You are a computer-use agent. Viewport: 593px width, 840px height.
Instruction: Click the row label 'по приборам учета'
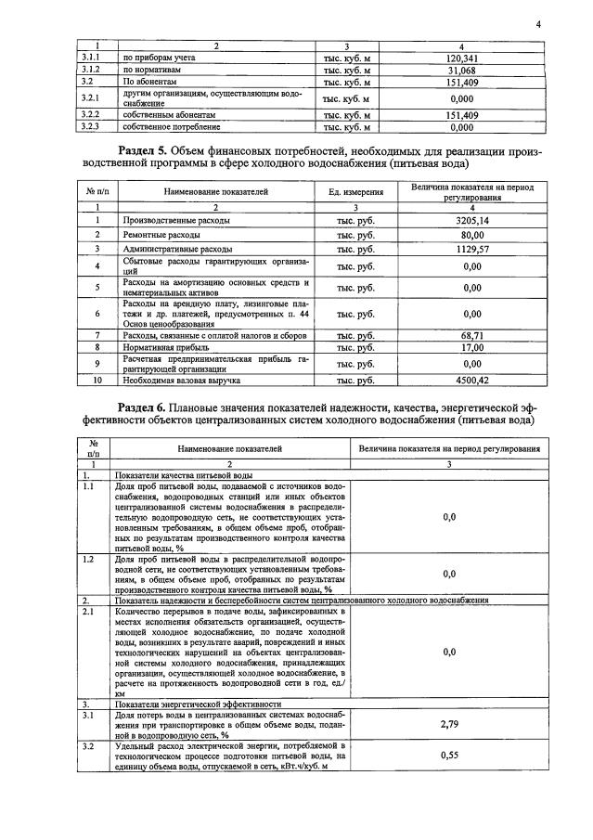click(x=154, y=58)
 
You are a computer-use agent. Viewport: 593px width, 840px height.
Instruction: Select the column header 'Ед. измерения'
click(x=356, y=191)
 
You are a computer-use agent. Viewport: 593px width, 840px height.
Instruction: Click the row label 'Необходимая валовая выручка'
click(x=182, y=381)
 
